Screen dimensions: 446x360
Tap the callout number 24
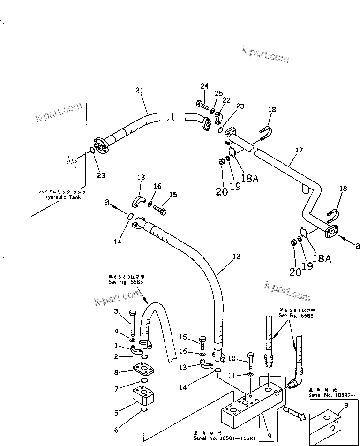tap(204, 86)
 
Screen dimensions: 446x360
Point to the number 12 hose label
tap(236, 257)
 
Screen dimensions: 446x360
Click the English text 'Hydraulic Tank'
tap(59, 197)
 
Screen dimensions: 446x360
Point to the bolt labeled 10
tap(251, 360)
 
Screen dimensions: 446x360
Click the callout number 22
tap(226, 100)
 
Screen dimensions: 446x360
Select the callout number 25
tap(219, 93)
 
